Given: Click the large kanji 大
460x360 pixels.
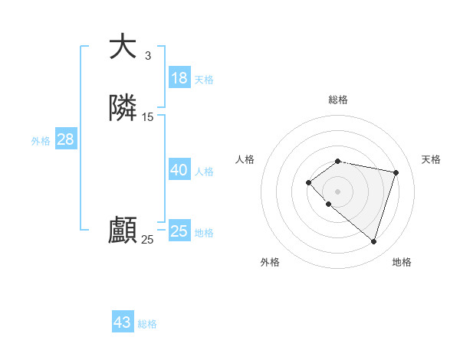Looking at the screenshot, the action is click(x=123, y=47).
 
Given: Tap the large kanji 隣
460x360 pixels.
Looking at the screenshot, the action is click(x=123, y=109).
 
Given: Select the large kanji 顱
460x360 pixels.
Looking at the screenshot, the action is click(x=123, y=231).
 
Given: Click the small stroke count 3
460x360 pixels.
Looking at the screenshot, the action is click(x=147, y=55).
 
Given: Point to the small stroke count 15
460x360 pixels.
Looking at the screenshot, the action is click(x=147, y=117).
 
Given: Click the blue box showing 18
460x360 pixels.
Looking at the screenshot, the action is click(x=179, y=78).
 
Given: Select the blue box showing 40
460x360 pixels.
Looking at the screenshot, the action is click(x=179, y=170).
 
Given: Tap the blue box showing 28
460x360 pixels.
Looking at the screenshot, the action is click(x=65, y=139).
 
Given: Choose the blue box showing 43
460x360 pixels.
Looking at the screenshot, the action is click(x=123, y=322).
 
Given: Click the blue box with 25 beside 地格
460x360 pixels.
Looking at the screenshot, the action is click(x=179, y=231).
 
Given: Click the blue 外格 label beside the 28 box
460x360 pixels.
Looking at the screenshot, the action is click(x=41, y=141).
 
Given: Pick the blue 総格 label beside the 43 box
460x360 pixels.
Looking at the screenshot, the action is click(x=147, y=324).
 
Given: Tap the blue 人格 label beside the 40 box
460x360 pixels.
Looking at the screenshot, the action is click(x=205, y=172).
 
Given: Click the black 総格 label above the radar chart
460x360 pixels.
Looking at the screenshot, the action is click(x=338, y=100).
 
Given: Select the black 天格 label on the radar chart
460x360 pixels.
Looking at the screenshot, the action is click(x=432, y=159).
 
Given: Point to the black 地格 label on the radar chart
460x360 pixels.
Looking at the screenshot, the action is click(x=402, y=262).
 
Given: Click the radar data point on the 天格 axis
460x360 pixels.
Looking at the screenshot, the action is click(x=396, y=172).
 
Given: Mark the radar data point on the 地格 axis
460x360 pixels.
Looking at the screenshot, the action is click(x=373, y=241).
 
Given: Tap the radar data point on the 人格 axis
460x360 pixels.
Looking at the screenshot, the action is click(x=308, y=182).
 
